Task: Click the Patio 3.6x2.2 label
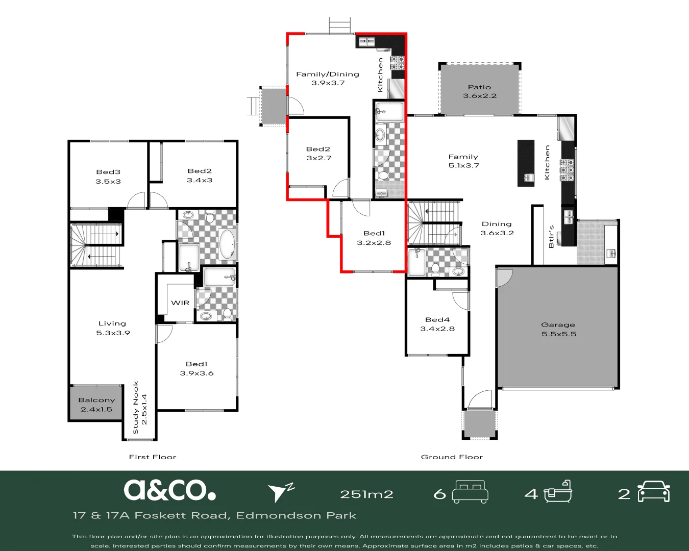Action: (479, 91)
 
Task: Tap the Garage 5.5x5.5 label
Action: (558, 329)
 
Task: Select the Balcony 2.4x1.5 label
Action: (96, 405)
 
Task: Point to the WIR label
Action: (180, 303)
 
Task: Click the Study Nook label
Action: (139, 408)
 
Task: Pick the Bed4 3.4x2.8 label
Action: (437, 324)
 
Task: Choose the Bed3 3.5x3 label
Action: (108, 177)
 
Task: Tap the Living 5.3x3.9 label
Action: (113, 328)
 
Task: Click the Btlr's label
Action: (551, 237)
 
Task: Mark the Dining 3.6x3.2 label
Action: (497, 228)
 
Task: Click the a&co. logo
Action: (169, 490)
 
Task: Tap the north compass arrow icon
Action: (280, 492)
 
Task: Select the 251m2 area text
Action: (366, 494)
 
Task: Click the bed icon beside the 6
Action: (470, 492)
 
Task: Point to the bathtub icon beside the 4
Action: (557, 492)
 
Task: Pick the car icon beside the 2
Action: (654, 492)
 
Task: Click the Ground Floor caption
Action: (452, 457)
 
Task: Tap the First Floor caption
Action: (152, 457)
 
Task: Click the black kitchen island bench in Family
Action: (526, 163)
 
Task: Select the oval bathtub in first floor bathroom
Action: (227, 244)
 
